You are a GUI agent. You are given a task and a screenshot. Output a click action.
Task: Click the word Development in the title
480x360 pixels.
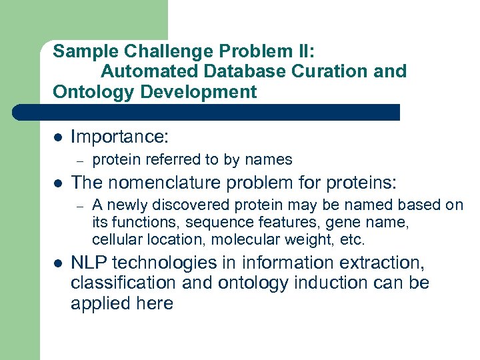(198, 91)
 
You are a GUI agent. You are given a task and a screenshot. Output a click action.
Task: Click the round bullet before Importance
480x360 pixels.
(58, 138)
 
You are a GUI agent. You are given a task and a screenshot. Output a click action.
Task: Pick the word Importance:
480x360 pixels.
(120, 137)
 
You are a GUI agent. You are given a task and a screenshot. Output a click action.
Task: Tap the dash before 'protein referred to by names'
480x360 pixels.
(79, 160)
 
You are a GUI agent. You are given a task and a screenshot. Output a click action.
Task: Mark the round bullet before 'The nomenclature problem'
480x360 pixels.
(58, 183)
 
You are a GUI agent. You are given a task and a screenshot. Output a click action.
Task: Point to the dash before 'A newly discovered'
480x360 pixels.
(79, 205)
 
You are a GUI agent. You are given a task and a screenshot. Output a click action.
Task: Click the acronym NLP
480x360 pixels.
(89, 263)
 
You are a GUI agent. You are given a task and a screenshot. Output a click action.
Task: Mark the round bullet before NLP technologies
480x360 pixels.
(58, 263)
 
